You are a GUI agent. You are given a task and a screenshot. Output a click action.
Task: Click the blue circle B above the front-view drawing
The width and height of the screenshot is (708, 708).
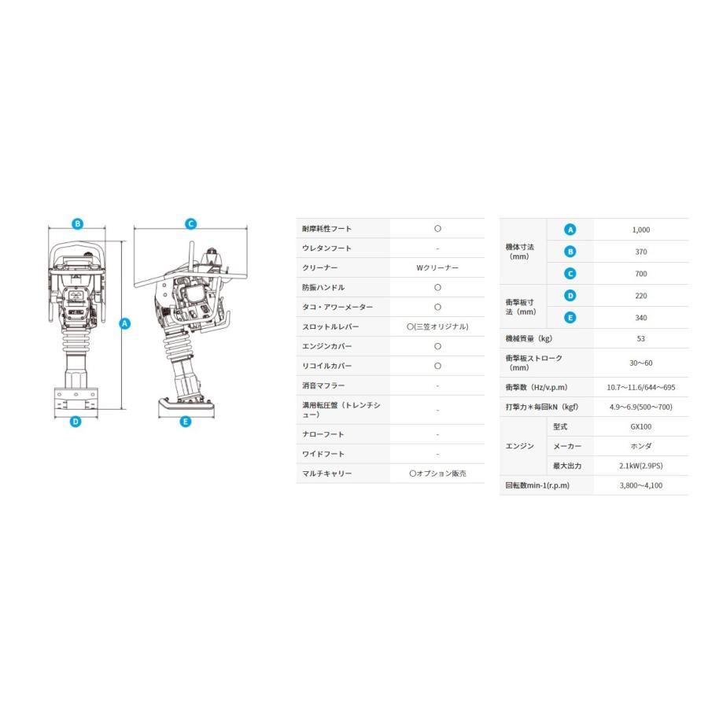[77, 223]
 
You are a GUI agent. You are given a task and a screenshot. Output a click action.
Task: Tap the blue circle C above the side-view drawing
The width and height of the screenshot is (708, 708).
[190, 223]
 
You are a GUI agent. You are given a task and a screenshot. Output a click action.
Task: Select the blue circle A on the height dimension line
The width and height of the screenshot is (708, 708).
[124, 323]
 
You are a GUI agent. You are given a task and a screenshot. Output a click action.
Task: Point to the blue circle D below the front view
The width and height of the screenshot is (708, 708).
[76, 422]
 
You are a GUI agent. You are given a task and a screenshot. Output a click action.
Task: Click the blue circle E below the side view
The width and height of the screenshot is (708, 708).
[186, 422]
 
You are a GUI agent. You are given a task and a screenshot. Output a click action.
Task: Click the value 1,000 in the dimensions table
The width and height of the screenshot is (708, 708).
[640, 230]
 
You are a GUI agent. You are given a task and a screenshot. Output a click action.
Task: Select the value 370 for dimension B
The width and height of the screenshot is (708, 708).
[640, 252]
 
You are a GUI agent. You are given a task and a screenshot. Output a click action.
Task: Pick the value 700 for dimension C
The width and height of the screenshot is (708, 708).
[640, 274]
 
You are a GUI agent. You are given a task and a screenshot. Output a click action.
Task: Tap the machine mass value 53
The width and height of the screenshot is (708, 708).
[640, 339]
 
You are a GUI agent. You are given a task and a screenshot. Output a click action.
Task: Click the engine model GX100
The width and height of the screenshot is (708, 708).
[640, 426]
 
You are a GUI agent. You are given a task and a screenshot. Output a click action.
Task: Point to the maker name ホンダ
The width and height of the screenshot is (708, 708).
[640, 446]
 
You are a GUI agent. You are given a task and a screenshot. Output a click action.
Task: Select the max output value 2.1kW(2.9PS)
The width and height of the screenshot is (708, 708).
[640, 466]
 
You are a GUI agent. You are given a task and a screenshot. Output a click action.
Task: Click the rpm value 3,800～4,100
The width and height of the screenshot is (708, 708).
[640, 485]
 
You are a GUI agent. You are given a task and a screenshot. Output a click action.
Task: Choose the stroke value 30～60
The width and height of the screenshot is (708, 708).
[640, 363]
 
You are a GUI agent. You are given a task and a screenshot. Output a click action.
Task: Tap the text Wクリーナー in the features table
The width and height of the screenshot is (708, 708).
[437, 268]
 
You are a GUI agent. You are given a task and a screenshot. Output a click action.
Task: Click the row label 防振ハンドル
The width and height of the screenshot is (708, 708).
[323, 288]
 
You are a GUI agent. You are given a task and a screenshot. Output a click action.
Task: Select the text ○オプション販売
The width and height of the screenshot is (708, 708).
[437, 474]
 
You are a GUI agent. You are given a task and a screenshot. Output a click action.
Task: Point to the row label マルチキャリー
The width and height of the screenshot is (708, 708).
[326, 474]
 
